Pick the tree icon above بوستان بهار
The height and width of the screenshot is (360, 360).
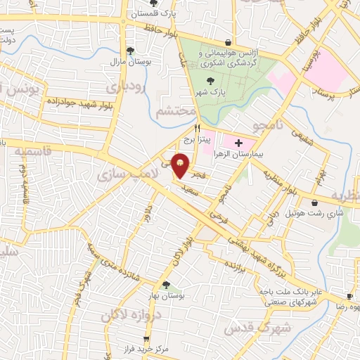click(165, 285)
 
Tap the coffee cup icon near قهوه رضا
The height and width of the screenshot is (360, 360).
click(349, 297)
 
